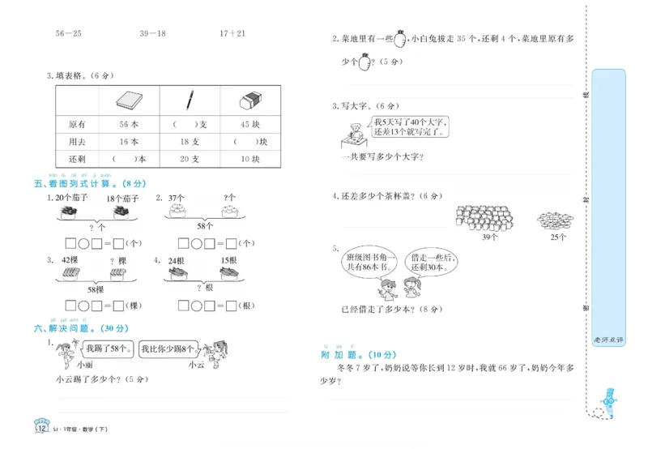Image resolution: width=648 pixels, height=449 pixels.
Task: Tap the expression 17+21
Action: tap(232, 33)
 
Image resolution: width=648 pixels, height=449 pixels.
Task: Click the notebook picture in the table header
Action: tap(129, 100)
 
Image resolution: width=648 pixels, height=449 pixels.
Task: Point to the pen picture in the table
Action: tap(190, 100)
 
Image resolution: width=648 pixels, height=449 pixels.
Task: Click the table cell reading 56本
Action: tap(129, 125)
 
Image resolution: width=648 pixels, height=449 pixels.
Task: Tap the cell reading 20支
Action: tap(190, 160)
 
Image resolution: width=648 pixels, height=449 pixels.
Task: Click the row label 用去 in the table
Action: tap(77, 143)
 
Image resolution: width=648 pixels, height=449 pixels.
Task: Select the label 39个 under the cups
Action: tap(490, 237)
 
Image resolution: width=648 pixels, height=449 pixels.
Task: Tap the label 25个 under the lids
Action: tap(558, 237)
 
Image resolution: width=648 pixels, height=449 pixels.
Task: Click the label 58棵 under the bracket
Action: tap(96, 289)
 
